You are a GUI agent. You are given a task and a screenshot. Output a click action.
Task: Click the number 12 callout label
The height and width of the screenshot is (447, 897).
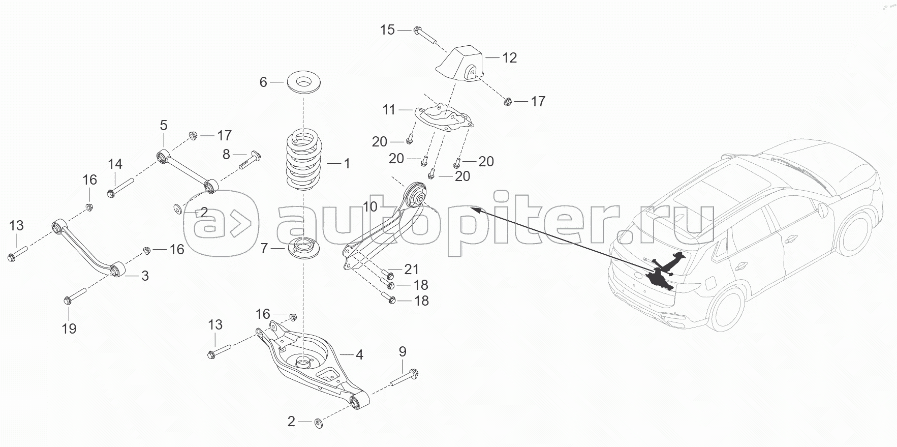[x=509, y=58]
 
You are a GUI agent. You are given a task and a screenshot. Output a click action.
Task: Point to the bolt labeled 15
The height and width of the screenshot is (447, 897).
[x=424, y=33]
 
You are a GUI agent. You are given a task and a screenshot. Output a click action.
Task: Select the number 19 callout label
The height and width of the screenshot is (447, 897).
[x=69, y=329]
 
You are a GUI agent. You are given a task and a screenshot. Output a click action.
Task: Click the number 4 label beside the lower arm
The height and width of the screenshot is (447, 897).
[x=359, y=354]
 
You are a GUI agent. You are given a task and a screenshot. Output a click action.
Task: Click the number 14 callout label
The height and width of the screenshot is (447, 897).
[x=115, y=164]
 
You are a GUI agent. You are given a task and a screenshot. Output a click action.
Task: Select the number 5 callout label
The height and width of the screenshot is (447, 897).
[x=163, y=125]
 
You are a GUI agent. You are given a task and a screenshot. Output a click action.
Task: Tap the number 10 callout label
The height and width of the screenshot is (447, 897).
[x=370, y=206]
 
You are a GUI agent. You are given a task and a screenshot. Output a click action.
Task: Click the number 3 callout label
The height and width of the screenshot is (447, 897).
[x=145, y=276]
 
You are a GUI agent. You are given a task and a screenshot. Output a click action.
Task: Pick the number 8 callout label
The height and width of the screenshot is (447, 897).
[x=226, y=154]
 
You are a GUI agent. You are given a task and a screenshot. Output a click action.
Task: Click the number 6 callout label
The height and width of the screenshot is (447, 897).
[x=263, y=82]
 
